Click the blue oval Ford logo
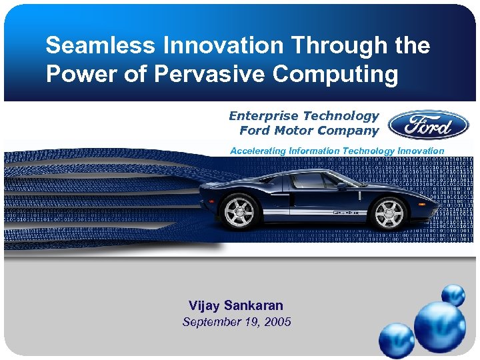[x=429, y=124]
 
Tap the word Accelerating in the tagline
[x=257, y=151]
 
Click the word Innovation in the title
[x=225, y=46]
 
